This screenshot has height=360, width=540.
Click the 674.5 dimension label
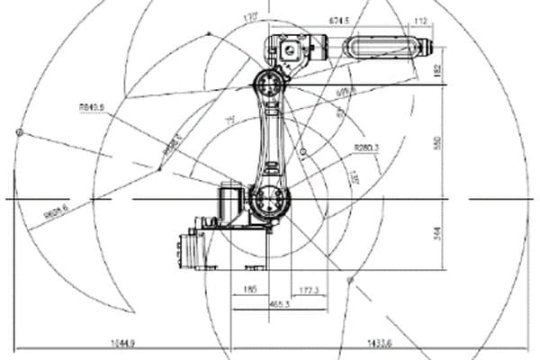click(x=339, y=18)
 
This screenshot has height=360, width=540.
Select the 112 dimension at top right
click(x=420, y=21)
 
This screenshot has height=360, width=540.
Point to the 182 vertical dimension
click(x=437, y=70)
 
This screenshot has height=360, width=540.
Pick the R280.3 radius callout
click(x=366, y=147)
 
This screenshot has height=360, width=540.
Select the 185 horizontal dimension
click(x=250, y=290)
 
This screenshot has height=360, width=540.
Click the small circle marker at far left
click(x=18, y=133)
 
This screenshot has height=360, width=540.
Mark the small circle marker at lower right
click(x=350, y=281)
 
